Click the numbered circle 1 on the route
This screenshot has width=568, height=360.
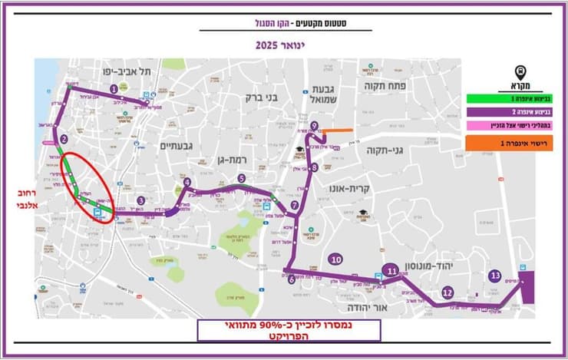click(x=114, y=89)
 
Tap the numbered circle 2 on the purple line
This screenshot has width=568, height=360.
click(x=64, y=140)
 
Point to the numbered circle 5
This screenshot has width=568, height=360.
click(x=241, y=179)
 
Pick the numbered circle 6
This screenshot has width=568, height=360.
click(x=292, y=280)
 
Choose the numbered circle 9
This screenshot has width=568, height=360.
click(x=314, y=126)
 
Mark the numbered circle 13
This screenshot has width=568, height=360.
click(x=495, y=276)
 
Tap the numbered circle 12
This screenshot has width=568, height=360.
click(x=447, y=292)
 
